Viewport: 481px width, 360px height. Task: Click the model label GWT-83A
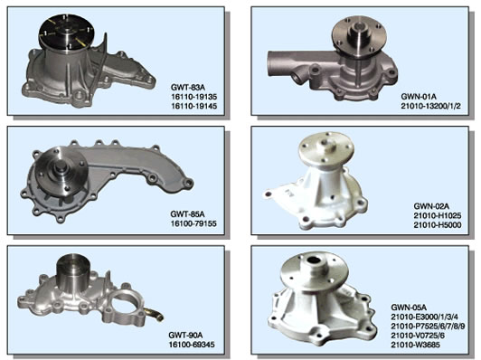click(187, 88)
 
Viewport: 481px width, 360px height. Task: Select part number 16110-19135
click(193, 97)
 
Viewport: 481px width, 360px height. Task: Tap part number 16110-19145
click(193, 106)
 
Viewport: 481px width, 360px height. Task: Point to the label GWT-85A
click(187, 213)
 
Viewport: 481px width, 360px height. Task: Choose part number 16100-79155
click(193, 223)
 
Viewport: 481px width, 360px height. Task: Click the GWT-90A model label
click(185, 335)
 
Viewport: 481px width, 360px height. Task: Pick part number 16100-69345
click(192, 345)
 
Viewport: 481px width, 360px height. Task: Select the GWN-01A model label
click(419, 97)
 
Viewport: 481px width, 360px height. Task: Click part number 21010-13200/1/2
click(430, 106)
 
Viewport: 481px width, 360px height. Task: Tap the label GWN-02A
click(431, 206)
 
